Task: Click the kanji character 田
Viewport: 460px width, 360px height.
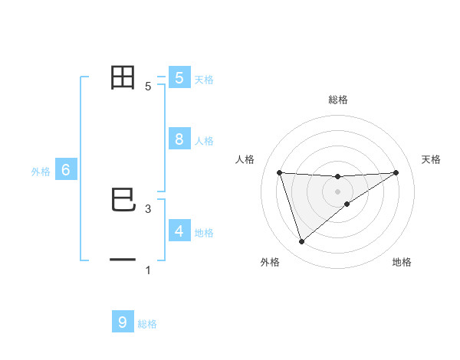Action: [123, 78]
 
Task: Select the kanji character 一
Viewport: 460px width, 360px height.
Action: [123, 260]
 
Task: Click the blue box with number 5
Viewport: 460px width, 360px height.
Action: [179, 78]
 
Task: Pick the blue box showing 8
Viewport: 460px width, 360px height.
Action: [179, 139]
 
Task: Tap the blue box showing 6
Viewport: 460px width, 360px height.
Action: [66, 171]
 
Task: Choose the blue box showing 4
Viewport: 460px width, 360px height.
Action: [179, 231]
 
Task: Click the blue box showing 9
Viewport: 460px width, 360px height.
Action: [123, 322]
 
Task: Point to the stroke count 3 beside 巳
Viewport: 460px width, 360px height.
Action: [148, 208]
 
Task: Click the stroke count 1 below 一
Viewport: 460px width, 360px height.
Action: [148, 270]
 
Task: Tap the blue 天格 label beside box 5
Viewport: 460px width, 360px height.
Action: [204, 79]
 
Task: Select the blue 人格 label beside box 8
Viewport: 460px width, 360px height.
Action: [204, 141]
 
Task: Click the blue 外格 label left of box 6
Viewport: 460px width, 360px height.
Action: [41, 172]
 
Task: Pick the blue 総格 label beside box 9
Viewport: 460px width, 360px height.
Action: [147, 324]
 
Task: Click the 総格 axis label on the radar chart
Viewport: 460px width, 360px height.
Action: [337, 100]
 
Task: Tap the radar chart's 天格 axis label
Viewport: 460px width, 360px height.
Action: [432, 159]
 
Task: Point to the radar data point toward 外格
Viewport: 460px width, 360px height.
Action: [301, 242]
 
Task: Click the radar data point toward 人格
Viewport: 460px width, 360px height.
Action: [279, 172]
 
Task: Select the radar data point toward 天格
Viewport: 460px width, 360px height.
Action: [396, 172]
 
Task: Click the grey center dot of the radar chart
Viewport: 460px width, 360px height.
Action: [337, 191]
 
